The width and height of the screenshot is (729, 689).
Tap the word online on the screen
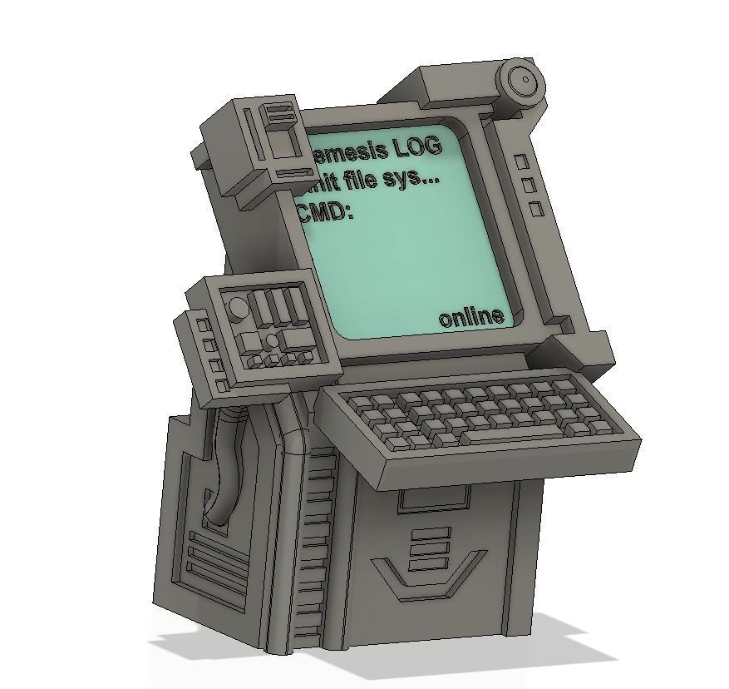click(471, 317)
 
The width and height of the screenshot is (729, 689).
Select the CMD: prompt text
click(326, 211)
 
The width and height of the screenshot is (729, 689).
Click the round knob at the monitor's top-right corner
click(525, 81)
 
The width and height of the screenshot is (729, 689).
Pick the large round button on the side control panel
click(238, 307)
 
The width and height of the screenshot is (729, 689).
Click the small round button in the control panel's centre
click(271, 340)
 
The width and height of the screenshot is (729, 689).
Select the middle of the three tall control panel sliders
click(278, 305)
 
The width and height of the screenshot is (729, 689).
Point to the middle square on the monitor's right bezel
click(528, 185)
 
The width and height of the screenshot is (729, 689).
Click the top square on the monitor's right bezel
click(521, 161)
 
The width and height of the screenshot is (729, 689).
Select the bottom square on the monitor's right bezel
click(536, 208)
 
